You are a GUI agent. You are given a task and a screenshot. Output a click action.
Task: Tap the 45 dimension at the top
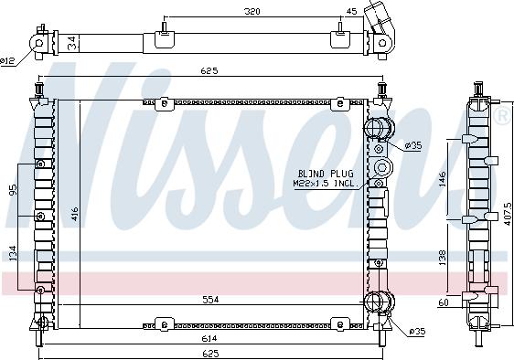(x=351, y=12)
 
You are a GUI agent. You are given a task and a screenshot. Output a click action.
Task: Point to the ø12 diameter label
(x=8, y=60)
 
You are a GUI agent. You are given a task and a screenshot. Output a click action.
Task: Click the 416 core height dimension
(x=74, y=214)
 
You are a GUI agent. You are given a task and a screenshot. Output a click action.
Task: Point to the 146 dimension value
(x=443, y=179)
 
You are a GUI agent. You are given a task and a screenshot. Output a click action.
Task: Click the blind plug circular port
(x=381, y=168)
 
